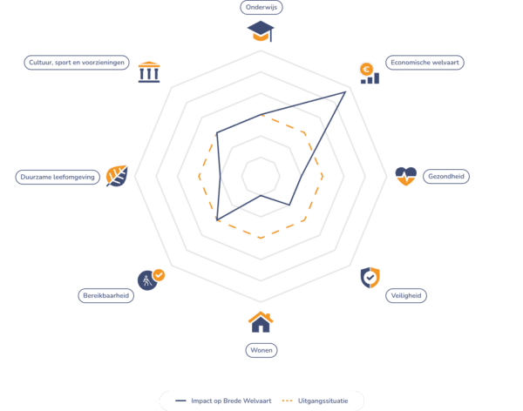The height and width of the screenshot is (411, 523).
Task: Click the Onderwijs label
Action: click(261, 7)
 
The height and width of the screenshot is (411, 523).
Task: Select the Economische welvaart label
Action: click(425, 63)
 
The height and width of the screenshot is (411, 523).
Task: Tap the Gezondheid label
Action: click(446, 177)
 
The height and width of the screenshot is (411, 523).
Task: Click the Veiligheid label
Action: click(406, 296)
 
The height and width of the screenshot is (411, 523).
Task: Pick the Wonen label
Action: click(261, 350)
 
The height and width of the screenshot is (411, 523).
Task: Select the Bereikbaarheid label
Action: click(105, 296)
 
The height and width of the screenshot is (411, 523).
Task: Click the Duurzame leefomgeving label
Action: click(58, 177)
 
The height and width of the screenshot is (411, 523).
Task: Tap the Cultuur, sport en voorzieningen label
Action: click(77, 63)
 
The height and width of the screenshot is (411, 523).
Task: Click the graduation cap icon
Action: click(261, 31)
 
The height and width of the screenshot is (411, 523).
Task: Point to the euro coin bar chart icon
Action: click(370, 73)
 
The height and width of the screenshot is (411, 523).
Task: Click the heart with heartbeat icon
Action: click(406, 176)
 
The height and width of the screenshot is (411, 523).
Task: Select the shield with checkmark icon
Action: click(370, 277)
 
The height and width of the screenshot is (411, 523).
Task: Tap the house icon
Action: click(261, 322)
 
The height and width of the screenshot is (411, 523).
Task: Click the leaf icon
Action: click(117, 176)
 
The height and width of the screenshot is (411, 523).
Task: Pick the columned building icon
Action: click(149, 72)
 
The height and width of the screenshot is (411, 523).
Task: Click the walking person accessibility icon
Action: click(151, 280)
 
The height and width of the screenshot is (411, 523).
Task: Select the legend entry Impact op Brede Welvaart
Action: click(223, 401)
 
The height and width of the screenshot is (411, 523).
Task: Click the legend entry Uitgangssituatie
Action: click(315, 401)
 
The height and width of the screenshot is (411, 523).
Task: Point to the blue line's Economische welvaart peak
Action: click(345, 92)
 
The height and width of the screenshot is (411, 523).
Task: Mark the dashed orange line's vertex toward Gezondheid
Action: click(323, 177)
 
